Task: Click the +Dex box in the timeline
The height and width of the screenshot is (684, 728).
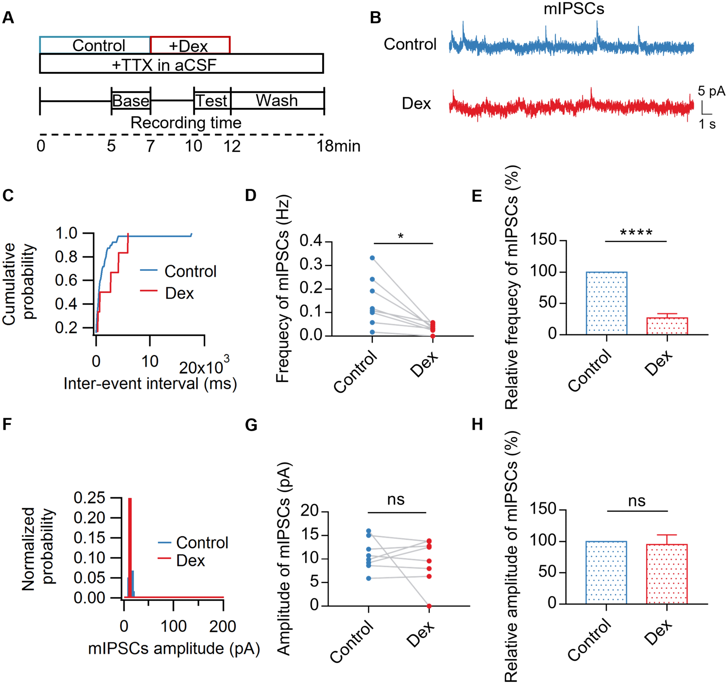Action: click(190, 45)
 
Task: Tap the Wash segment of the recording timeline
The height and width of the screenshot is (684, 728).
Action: click(277, 100)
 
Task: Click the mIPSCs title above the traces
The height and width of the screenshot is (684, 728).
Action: click(574, 9)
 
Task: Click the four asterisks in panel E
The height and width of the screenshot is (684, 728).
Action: click(636, 233)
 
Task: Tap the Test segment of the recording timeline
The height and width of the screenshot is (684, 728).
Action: click(212, 100)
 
